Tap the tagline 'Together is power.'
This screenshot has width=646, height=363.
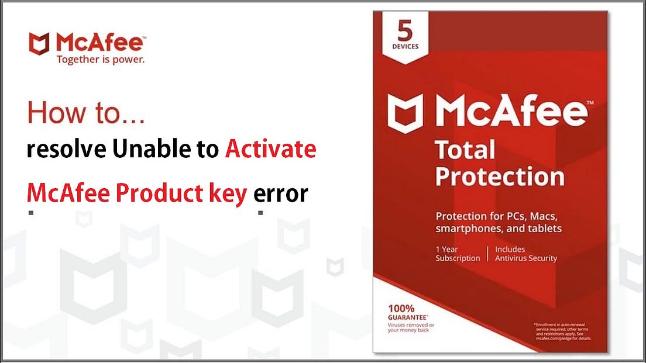click(100, 59)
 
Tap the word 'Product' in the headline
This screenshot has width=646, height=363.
click(156, 193)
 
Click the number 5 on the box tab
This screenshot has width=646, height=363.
click(405, 30)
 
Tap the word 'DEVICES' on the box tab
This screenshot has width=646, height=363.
click(405, 47)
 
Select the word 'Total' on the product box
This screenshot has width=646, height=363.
click(465, 150)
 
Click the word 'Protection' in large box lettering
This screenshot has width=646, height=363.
click(500, 177)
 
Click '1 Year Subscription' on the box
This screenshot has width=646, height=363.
click(457, 253)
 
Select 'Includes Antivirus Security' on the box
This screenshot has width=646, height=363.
click(525, 253)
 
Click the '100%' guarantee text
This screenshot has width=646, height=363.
click(401, 308)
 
